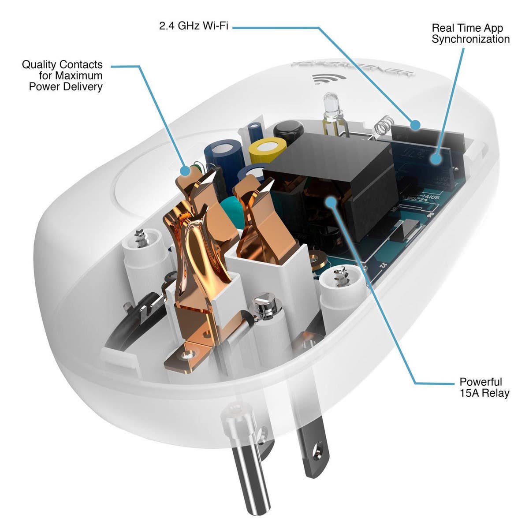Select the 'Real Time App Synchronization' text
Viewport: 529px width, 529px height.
coord(470,34)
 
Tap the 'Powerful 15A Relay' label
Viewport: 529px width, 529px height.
coord(484,387)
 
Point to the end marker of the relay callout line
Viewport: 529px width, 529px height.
coord(330,201)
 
